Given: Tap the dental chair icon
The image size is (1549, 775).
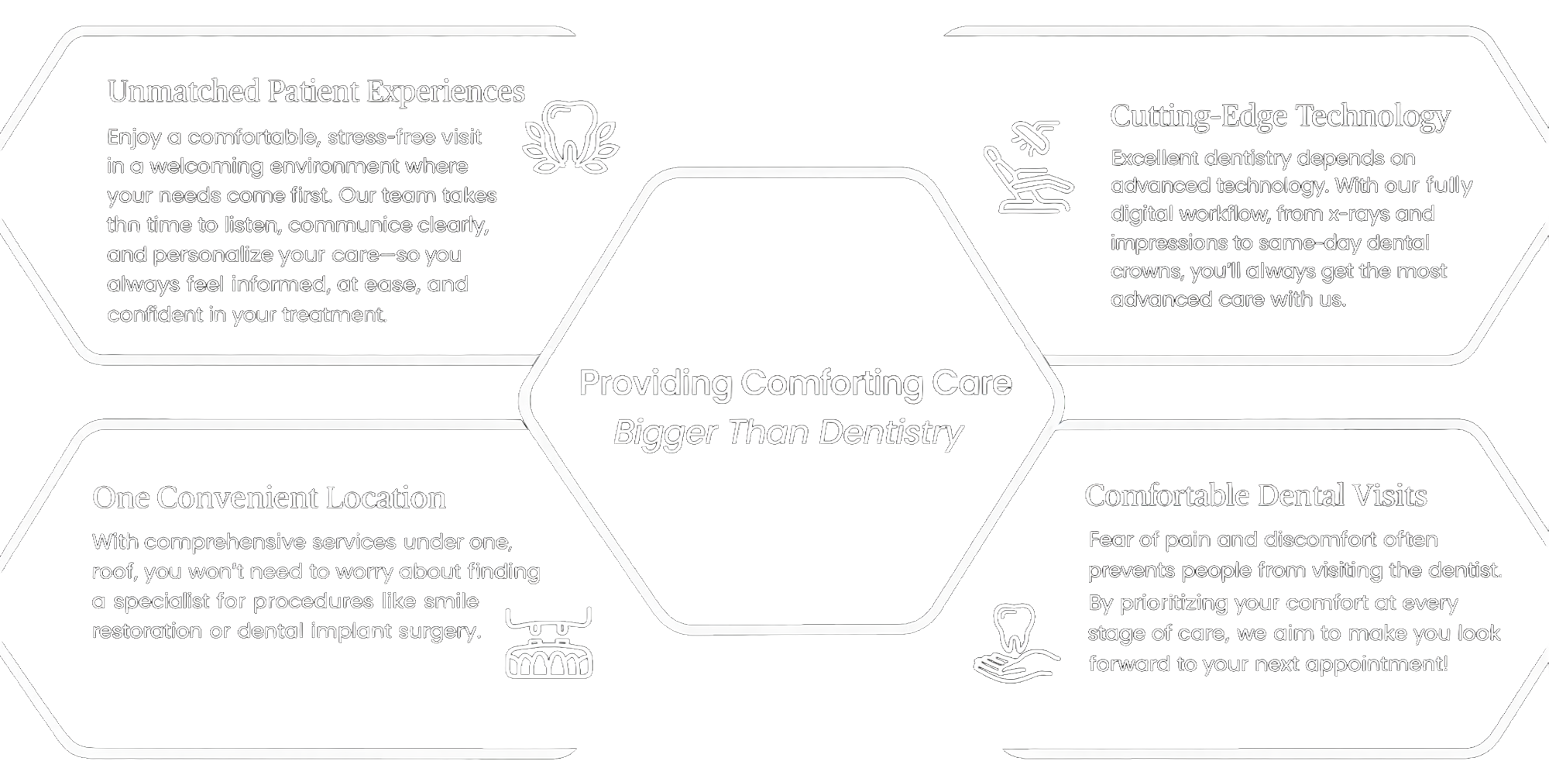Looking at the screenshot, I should (1028, 167).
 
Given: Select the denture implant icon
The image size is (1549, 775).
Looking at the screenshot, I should (548, 643).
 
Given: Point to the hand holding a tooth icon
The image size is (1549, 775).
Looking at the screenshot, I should (1015, 643).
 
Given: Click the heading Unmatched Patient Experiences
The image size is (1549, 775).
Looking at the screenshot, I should (316, 91).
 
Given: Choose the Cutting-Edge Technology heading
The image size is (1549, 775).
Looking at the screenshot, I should (1279, 116).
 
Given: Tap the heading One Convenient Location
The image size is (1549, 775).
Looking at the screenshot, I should (269, 498).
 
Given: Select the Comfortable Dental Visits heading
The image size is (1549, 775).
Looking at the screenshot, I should (1255, 496).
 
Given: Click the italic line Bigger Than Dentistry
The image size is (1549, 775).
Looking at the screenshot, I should (788, 432).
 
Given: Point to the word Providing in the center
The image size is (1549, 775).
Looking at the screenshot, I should (654, 383).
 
